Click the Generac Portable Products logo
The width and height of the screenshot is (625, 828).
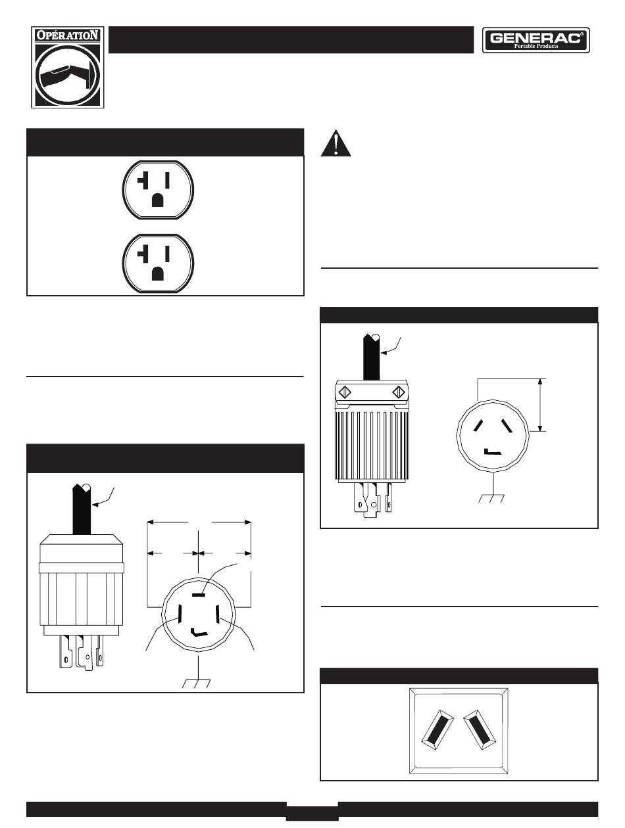click(537, 40)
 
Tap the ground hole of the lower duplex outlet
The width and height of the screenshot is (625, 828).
click(158, 273)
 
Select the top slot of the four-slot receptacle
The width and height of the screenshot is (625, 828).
click(199, 595)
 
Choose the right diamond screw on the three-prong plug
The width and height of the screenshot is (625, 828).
click(398, 392)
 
